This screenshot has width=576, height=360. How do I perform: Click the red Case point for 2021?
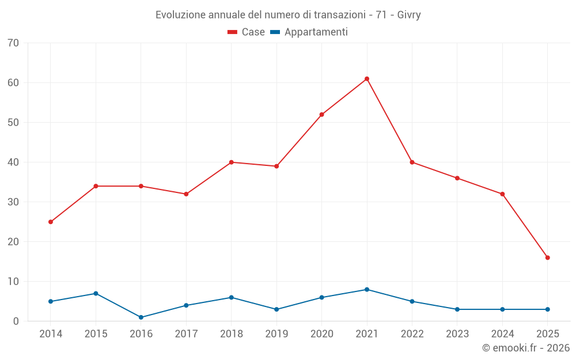click(x=367, y=79)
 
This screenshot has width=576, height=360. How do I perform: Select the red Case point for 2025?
click(x=547, y=257)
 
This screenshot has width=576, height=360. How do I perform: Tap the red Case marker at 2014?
click(x=51, y=222)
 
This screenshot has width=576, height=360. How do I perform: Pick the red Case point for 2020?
click(x=321, y=115)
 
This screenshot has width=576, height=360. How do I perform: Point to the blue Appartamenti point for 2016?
click(x=141, y=317)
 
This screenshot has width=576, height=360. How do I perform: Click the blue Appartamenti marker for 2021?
click(x=367, y=290)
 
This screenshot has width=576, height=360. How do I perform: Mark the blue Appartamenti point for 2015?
click(x=96, y=294)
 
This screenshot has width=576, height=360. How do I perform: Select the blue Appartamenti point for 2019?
click(x=276, y=309)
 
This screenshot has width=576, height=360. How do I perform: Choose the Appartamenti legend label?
click(x=316, y=32)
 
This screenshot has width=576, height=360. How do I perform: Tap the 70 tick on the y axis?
click(x=13, y=43)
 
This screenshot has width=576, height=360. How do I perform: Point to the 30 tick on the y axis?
click(x=13, y=202)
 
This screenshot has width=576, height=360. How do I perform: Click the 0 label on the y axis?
click(x=16, y=321)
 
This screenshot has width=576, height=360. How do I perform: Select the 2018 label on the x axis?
click(x=231, y=334)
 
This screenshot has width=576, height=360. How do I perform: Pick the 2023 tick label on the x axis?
click(x=457, y=334)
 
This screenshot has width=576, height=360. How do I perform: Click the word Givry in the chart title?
click(x=409, y=15)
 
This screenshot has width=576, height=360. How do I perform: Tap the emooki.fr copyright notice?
click(x=525, y=348)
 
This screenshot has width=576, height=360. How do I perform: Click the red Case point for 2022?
click(x=412, y=162)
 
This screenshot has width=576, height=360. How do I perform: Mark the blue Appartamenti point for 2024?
click(x=502, y=309)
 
